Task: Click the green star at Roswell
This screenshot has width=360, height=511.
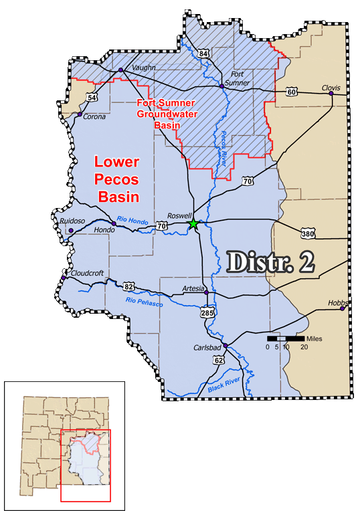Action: [x=193, y=223]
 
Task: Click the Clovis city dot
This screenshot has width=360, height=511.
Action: [x=331, y=94]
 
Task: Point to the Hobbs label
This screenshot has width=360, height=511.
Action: [x=338, y=302]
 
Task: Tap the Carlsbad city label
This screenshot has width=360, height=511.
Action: [x=208, y=346]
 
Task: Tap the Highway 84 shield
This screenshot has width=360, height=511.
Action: [x=203, y=53]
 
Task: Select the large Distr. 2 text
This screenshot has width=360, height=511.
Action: [x=271, y=261]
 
